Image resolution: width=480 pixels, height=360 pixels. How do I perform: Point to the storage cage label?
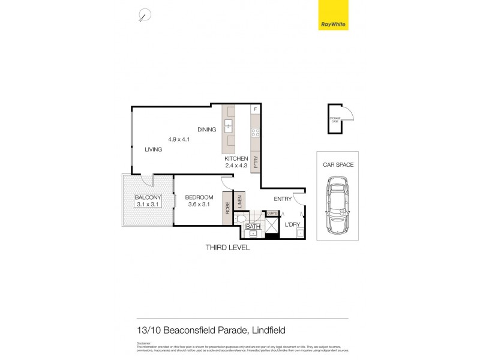(334, 120)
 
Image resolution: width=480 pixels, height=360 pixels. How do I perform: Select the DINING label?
(207, 130)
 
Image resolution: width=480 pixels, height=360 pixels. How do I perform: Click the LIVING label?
(153, 149)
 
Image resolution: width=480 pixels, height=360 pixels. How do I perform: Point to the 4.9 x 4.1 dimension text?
(179, 139)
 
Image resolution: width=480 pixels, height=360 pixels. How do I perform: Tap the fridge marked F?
(255, 110)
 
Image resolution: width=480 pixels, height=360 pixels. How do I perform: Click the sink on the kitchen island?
(229, 126)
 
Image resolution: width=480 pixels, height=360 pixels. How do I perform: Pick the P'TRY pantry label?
(255, 161)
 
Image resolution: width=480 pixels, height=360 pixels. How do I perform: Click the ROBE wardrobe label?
(227, 208)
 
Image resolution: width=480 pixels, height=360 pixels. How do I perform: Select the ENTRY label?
(282, 199)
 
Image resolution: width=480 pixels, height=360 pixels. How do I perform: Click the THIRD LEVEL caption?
(227, 247)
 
